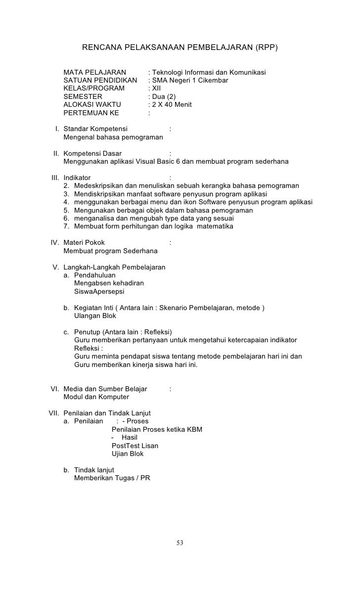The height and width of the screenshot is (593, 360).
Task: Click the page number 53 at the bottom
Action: click(x=180, y=544)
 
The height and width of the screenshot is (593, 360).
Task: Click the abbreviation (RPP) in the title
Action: click(x=267, y=48)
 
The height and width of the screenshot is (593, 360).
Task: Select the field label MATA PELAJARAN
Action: click(x=95, y=73)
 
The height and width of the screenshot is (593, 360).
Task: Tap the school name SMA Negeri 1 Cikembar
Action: click(x=190, y=81)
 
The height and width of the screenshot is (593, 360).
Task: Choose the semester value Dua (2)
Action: click(x=164, y=96)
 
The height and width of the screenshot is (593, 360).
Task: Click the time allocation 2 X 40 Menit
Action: click(x=172, y=104)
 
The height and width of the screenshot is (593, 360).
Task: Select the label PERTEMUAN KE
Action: click(x=91, y=113)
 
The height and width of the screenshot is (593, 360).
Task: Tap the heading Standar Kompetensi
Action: click(x=95, y=129)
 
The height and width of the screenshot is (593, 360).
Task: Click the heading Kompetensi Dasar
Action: click(x=92, y=153)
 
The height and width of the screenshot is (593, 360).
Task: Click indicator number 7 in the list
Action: click(x=66, y=227)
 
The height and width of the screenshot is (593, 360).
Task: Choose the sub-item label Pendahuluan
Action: click(x=94, y=275)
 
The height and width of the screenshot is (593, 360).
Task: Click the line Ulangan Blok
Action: click(x=95, y=316)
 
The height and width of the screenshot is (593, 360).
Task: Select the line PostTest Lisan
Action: click(x=135, y=446)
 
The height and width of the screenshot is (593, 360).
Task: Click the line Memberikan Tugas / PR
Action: click(x=112, y=478)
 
